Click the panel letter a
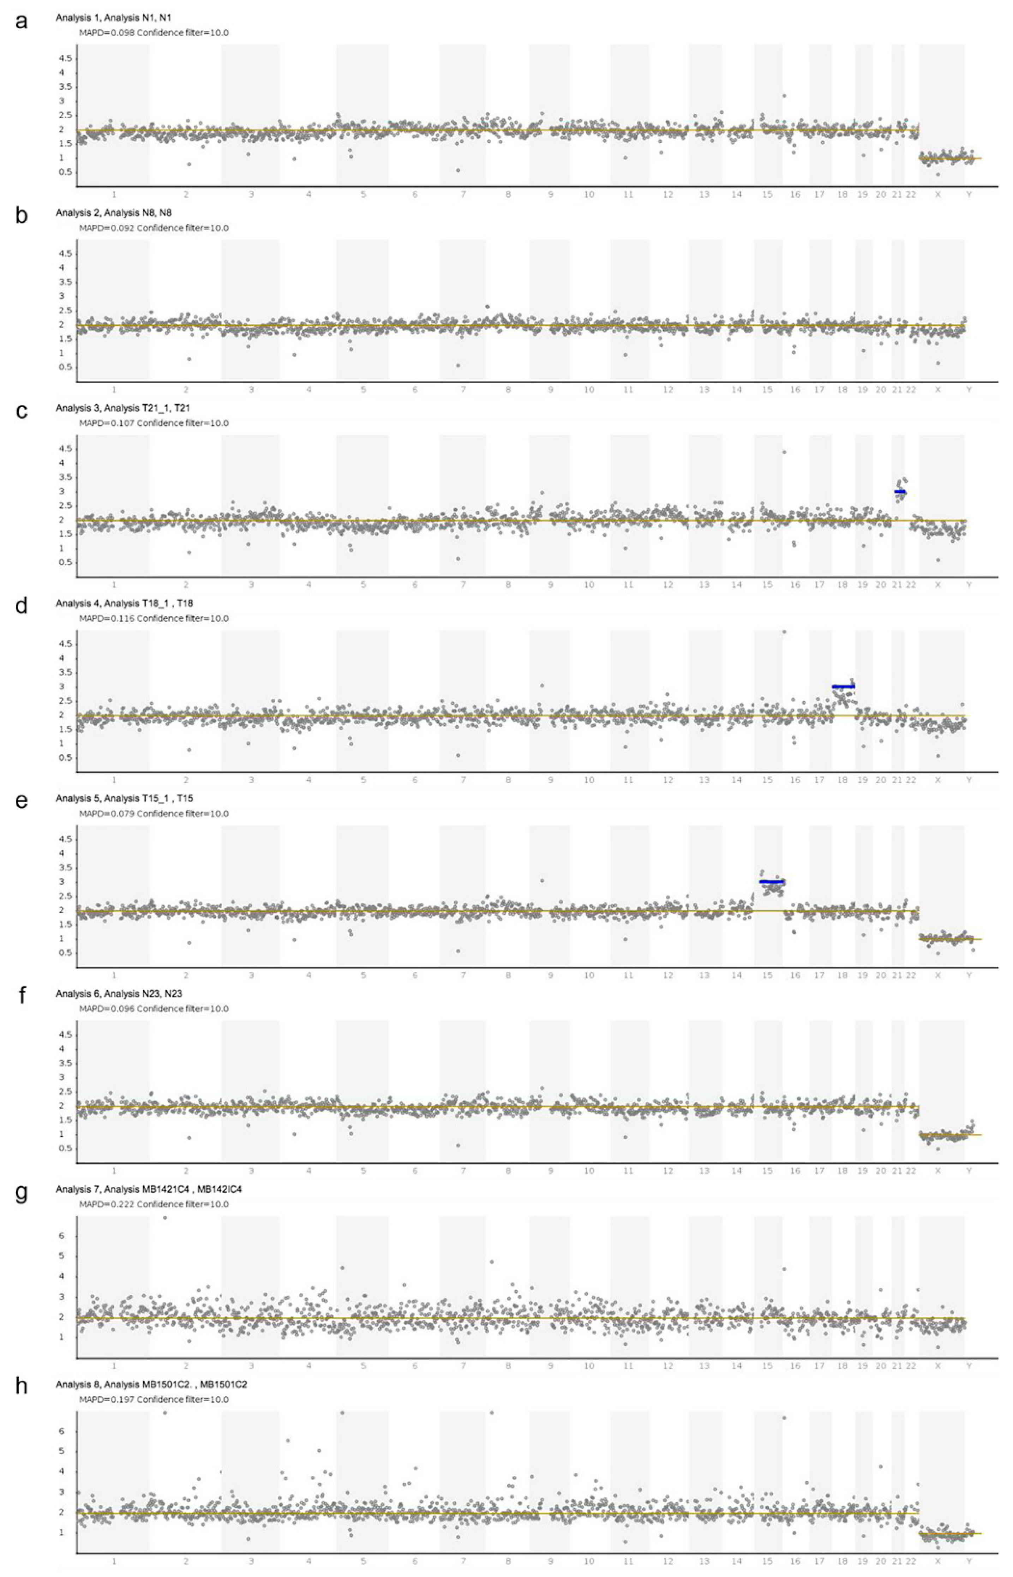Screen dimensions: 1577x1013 (x=22, y=22)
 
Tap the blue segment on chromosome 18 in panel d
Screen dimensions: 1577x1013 (x=843, y=686)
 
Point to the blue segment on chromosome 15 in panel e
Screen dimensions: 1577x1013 (x=771, y=882)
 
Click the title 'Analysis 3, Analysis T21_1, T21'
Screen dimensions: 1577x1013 (x=123, y=408)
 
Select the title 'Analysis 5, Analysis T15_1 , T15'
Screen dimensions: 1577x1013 (x=124, y=798)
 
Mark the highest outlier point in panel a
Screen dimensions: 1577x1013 (x=784, y=95)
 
